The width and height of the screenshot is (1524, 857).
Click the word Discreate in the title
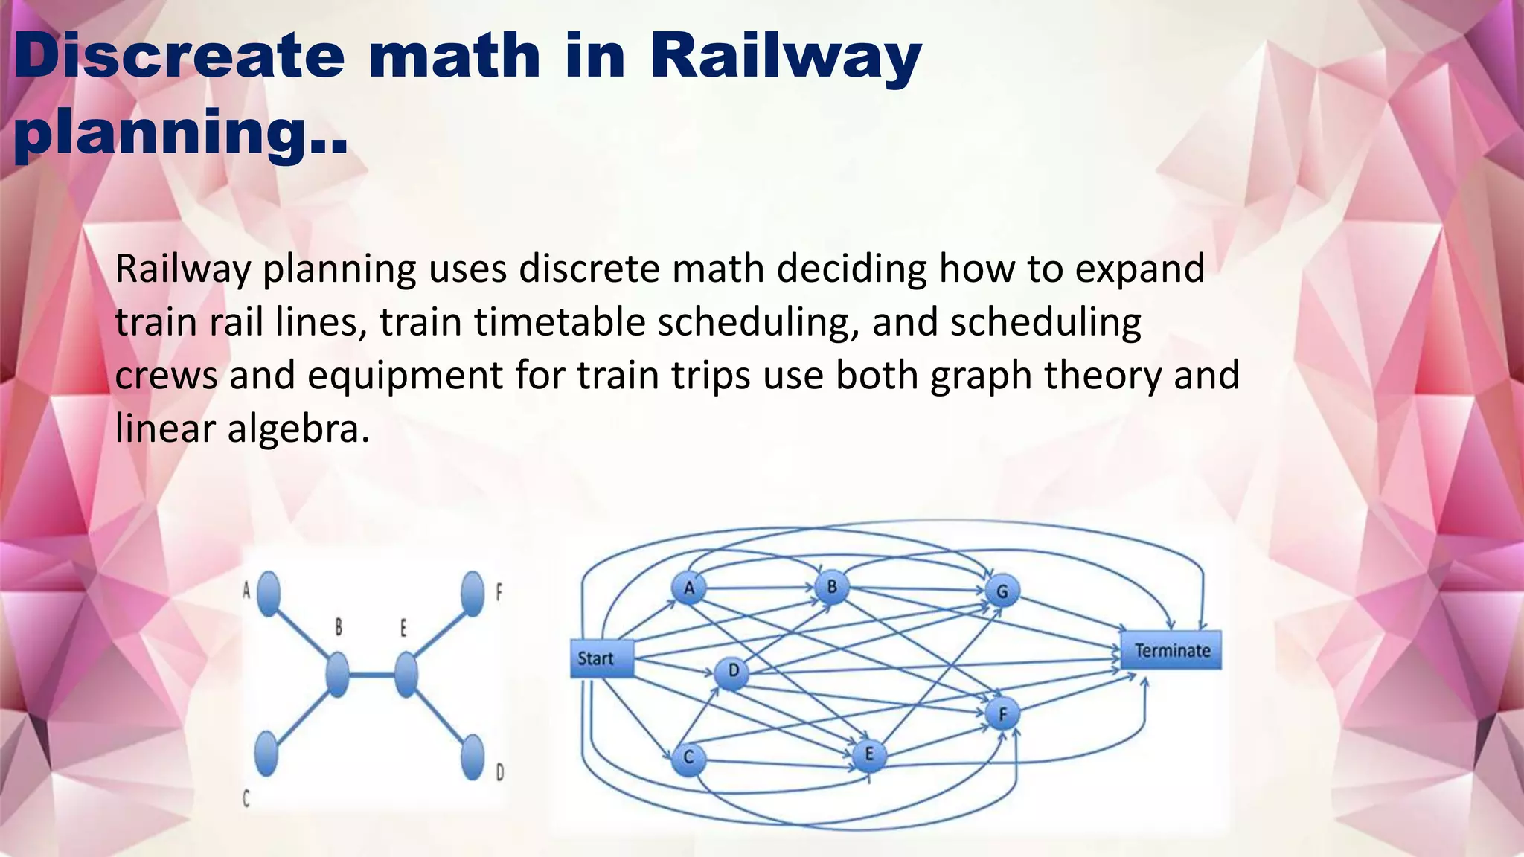(179, 57)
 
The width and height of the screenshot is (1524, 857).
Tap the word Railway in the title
(786, 57)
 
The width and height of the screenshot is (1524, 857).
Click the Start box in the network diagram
(601, 658)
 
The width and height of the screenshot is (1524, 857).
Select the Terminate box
(1171, 650)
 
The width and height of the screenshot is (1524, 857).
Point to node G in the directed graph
(1002, 591)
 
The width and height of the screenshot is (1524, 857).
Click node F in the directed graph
(1002, 715)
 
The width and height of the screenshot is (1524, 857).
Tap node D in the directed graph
(733, 672)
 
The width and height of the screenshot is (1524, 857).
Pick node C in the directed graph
(688, 758)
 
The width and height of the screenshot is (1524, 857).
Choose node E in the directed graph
(868, 755)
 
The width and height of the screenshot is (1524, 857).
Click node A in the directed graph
(689, 588)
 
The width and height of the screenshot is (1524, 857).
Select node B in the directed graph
(832, 587)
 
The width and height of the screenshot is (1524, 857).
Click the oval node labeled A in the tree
(268, 593)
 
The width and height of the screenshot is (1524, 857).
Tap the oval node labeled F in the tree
(473, 593)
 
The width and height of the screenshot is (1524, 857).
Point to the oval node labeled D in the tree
(473, 757)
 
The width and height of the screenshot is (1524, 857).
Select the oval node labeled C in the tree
(266, 753)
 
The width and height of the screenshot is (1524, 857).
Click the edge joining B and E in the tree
(371, 675)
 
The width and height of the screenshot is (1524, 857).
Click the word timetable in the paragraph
(560, 322)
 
